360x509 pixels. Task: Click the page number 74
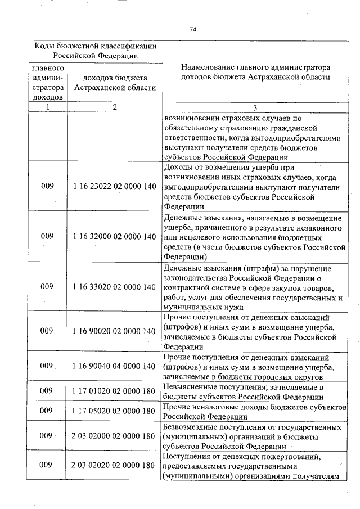click(192, 29)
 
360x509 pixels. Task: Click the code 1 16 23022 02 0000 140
click(114, 187)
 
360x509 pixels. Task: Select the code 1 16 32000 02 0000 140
click(114, 237)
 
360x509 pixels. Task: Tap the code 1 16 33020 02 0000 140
click(114, 287)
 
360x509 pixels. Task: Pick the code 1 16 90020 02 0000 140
click(114, 331)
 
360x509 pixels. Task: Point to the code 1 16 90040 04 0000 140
click(114, 366)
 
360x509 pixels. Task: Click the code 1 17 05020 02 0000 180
click(114, 411)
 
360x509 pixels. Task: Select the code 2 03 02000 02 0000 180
click(114, 436)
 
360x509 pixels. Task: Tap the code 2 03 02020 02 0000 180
click(114, 465)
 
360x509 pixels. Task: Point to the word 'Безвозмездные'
click(190, 427)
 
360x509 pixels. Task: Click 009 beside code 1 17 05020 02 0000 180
click(47, 411)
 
